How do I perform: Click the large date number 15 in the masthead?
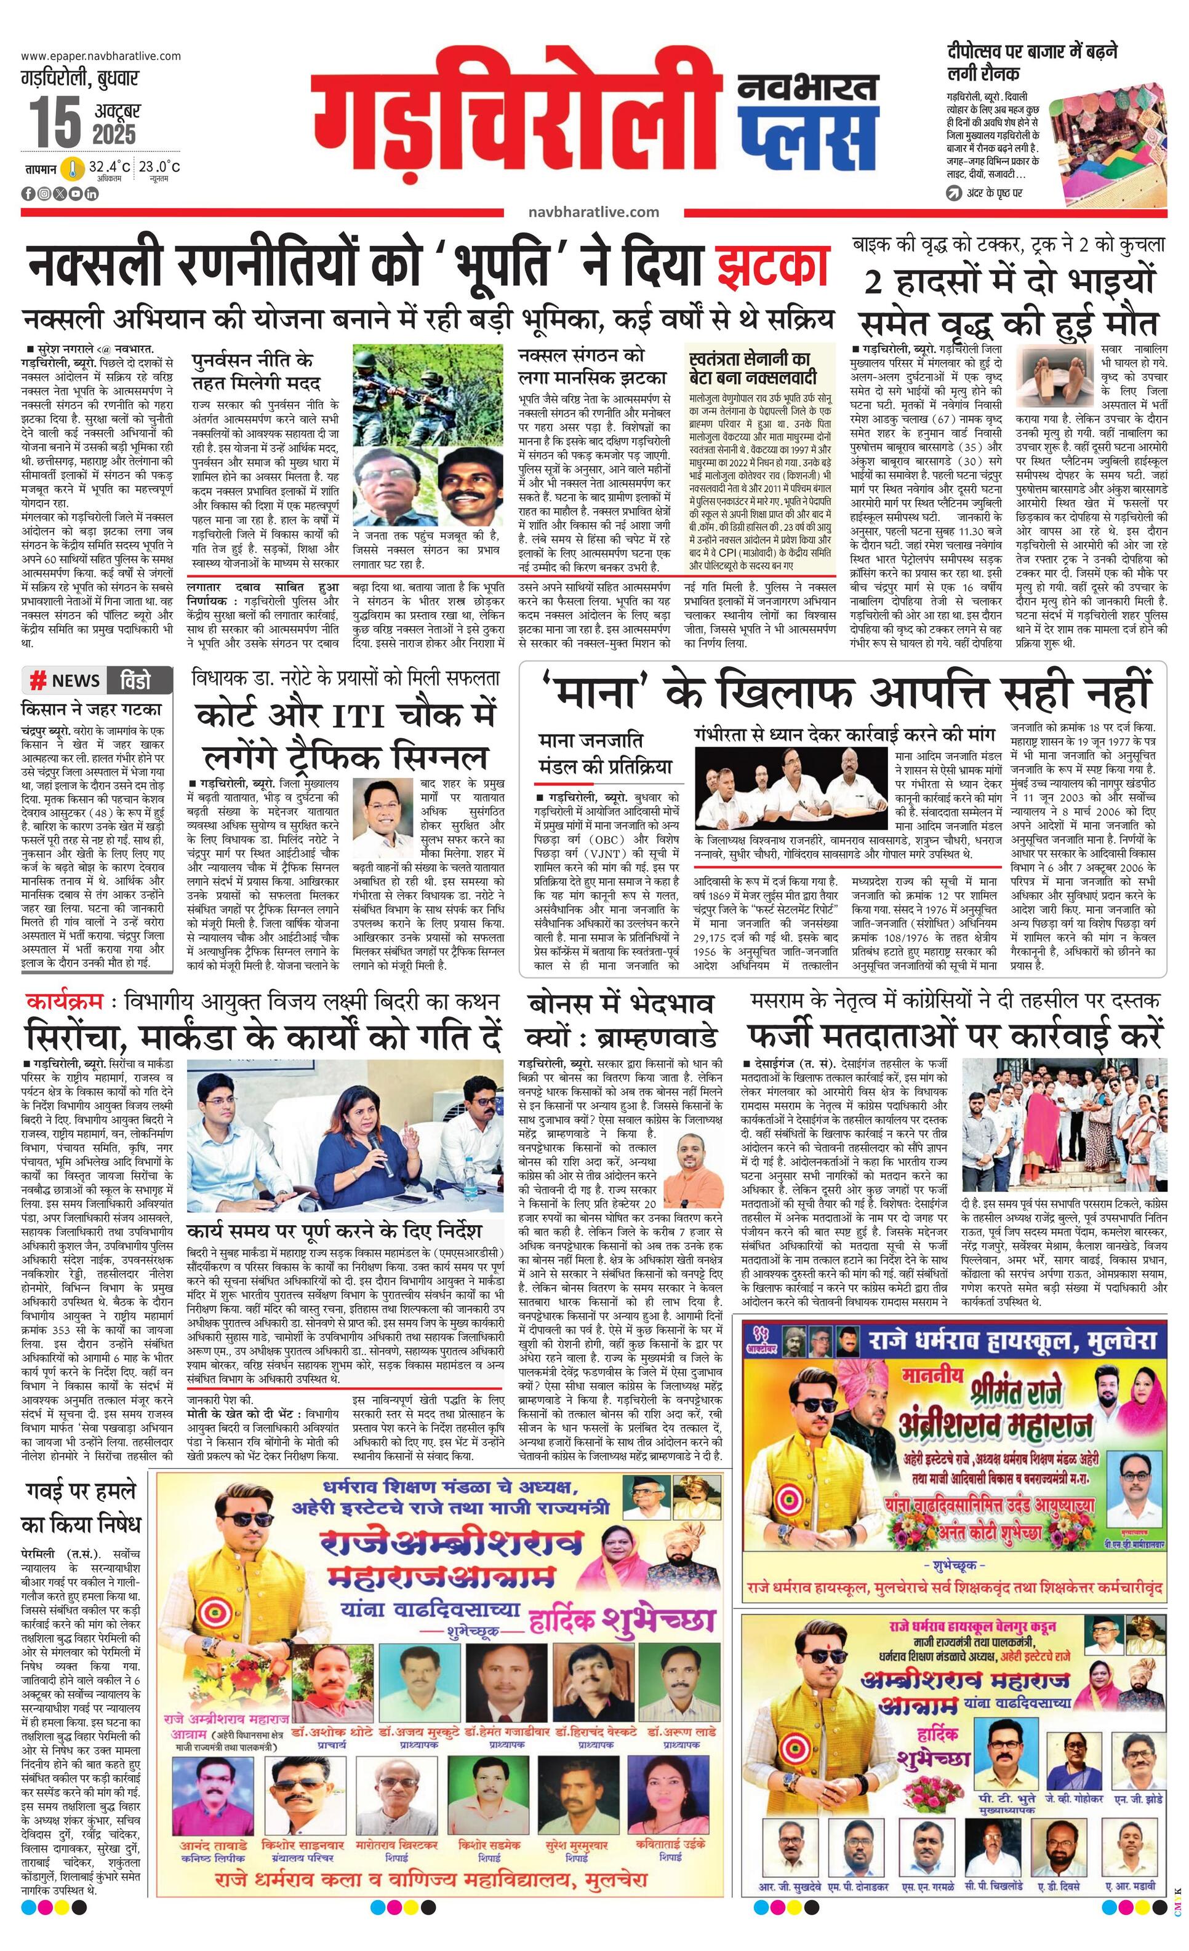click(x=55, y=121)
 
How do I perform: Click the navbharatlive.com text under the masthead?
click(x=593, y=212)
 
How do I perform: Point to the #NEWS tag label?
click(x=66, y=680)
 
